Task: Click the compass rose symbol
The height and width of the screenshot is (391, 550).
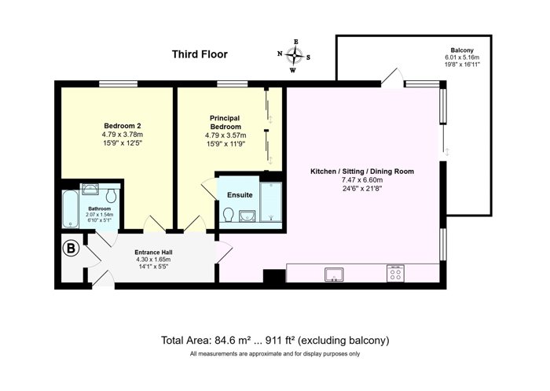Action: pyautogui.click(x=294, y=56)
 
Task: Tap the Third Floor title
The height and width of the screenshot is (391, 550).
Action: pyautogui.click(x=200, y=54)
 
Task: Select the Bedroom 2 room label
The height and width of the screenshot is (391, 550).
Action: pyautogui.click(x=123, y=126)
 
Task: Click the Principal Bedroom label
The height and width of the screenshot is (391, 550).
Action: pyautogui.click(x=225, y=122)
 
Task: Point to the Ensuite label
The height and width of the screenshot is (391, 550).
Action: pyautogui.click(x=240, y=195)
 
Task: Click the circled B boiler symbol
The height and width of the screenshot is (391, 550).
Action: pyautogui.click(x=71, y=249)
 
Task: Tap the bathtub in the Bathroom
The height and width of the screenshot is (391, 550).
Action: pyautogui.click(x=71, y=208)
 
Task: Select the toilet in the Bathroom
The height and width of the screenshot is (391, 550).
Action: pyautogui.click(x=112, y=196)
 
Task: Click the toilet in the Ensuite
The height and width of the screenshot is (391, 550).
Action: pyautogui.click(x=229, y=214)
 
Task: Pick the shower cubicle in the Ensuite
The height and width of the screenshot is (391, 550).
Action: pyautogui.click(x=271, y=201)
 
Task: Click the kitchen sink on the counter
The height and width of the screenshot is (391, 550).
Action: pyautogui.click(x=334, y=275)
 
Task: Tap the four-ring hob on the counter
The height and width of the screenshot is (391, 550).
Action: pyautogui.click(x=396, y=273)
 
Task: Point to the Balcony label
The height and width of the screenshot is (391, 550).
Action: pyautogui.click(x=462, y=50)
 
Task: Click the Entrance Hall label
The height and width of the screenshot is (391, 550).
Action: pyautogui.click(x=154, y=253)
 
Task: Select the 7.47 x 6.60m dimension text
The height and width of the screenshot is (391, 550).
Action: pyautogui.click(x=362, y=180)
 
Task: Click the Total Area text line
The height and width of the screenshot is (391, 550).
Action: pyautogui.click(x=275, y=340)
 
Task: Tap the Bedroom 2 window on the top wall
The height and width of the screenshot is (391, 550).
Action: pyautogui.click(x=118, y=83)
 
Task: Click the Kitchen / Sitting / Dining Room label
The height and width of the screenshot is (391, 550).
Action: pyautogui.click(x=362, y=172)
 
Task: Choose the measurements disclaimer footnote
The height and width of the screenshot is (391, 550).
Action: pyautogui.click(x=275, y=354)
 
